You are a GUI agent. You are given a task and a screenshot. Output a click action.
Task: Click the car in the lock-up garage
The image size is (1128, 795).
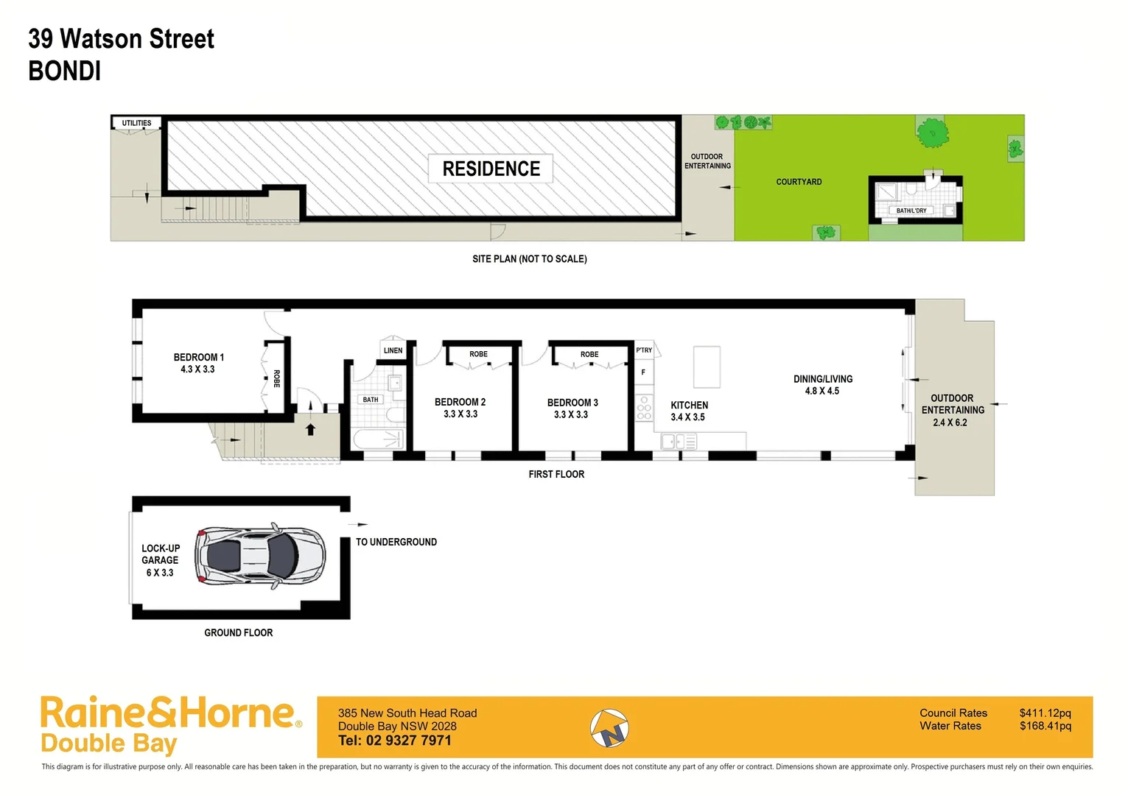[x=261, y=556]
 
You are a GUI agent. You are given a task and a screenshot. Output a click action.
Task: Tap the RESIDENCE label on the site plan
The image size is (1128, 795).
[x=491, y=169]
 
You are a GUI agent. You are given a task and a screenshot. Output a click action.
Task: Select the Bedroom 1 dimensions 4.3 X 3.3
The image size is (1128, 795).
[x=197, y=370]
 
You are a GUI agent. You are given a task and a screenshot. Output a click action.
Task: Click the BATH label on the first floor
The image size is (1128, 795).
[x=370, y=400]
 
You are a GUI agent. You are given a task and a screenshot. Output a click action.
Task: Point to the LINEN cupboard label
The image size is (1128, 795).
[x=393, y=350]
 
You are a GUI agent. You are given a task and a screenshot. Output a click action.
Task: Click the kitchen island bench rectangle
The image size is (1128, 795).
[x=707, y=367]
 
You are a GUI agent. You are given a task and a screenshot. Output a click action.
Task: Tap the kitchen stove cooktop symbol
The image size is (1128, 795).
[x=644, y=408]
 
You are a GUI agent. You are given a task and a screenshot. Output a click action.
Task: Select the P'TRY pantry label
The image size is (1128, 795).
[x=644, y=350]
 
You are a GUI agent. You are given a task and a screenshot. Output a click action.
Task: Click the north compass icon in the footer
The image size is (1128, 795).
[x=609, y=728]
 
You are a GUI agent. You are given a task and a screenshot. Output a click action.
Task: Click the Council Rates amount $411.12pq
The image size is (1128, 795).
[x=1045, y=713]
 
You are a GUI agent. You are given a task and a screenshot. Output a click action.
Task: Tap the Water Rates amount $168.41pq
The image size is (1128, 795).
[x=1045, y=726]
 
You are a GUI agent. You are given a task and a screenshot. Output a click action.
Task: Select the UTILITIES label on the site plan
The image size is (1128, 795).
[x=136, y=123]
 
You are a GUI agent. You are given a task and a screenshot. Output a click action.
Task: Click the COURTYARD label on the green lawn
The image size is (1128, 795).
[x=799, y=182]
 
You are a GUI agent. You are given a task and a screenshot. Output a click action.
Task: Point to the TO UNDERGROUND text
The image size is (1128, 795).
[x=396, y=542]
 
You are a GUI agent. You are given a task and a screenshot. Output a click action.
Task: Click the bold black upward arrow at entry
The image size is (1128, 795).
[x=310, y=429]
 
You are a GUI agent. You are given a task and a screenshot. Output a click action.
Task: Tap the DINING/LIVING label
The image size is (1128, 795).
[x=823, y=379]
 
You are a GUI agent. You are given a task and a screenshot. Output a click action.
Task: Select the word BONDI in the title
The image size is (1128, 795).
[x=65, y=71]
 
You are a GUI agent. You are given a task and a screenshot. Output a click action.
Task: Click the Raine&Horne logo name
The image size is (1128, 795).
[x=168, y=713]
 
